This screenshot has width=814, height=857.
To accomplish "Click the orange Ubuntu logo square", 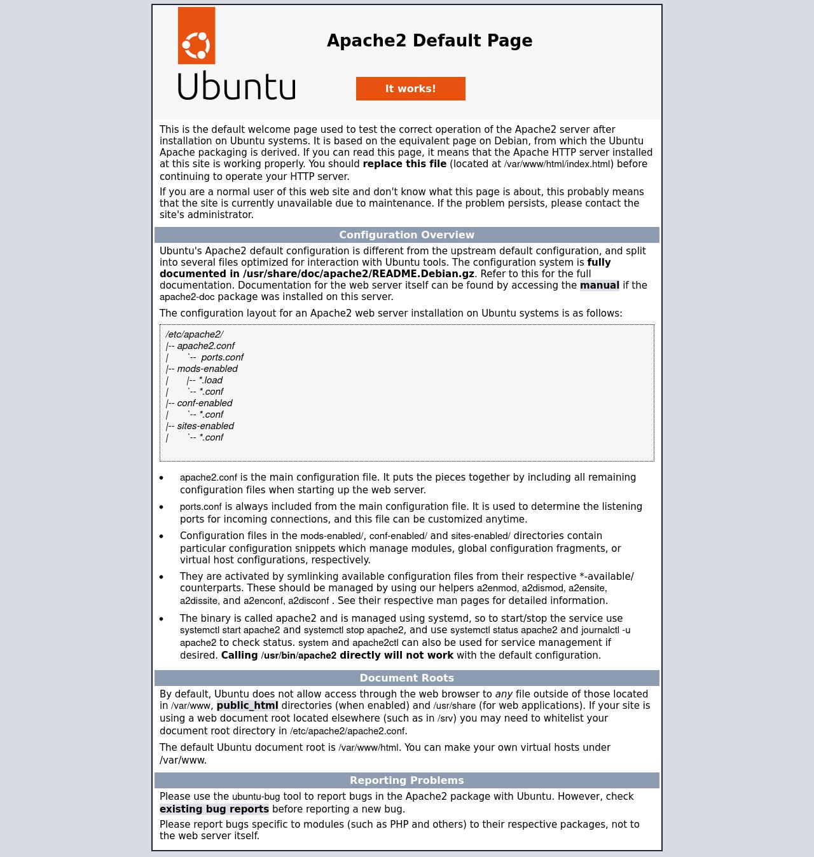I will (x=197, y=36).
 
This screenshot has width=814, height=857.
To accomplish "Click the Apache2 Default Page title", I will (x=429, y=41).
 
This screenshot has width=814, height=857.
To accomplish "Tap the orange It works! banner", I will (x=410, y=88).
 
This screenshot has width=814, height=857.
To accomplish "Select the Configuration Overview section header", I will (x=406, y=235).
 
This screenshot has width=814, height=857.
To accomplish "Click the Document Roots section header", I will (x=406, y=678).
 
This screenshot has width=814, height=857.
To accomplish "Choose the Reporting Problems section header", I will (x=406, y=780).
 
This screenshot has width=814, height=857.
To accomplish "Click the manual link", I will (x=599, y=285).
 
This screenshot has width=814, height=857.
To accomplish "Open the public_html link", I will (x=247, y=706).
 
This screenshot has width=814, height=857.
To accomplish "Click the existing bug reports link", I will (x=214, y=809).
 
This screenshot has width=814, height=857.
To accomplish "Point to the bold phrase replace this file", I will (x=404, y=164).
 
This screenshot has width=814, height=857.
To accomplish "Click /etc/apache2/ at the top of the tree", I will (x=194, y=334).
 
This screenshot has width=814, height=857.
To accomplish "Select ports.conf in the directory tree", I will (x=222, y=357).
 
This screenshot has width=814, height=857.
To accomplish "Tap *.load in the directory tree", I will (x=210, y=380).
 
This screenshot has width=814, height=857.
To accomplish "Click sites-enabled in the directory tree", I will (x=205, y=426).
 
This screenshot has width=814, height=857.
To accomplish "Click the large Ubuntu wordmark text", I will (x=237, y=86).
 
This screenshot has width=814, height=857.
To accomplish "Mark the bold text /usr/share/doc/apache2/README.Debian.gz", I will (x=358, y=274).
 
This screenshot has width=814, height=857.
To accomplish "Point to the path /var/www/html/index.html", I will (x=557, y=164).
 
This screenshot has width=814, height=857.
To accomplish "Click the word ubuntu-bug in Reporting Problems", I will (x=256, y=797).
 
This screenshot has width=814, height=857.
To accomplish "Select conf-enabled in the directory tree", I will (x=205, y=403).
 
